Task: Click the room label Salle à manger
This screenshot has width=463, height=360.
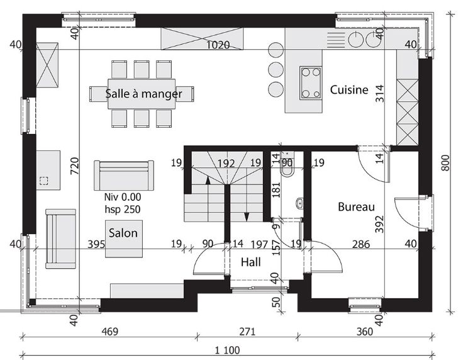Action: (143, 94)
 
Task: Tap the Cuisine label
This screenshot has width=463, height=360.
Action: (349, 89)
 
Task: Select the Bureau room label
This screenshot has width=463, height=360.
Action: (356, 206)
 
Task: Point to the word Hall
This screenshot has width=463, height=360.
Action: (251, 262)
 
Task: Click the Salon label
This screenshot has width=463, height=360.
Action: (123, 233)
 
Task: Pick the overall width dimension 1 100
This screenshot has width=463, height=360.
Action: (227, 351)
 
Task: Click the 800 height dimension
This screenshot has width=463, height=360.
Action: (445, 163)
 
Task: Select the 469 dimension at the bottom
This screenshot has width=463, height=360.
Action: (110, 332)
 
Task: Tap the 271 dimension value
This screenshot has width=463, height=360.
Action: (247, 332)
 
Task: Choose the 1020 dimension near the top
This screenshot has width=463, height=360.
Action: (218, 45)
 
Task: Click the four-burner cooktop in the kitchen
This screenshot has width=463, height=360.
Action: (311, 83)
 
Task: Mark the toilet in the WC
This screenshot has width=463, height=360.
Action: (287, 169)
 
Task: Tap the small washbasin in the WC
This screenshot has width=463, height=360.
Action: (299, 203)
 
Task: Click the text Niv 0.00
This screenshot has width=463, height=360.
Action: (123, 197)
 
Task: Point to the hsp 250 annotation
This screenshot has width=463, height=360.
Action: (123, 209)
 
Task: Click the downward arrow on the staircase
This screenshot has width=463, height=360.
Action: (247, 204)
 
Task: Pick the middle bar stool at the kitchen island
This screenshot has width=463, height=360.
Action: (276, 69)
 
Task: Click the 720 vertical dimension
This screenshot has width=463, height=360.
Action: (75, 166)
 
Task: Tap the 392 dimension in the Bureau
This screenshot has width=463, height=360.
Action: (379, 224)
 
